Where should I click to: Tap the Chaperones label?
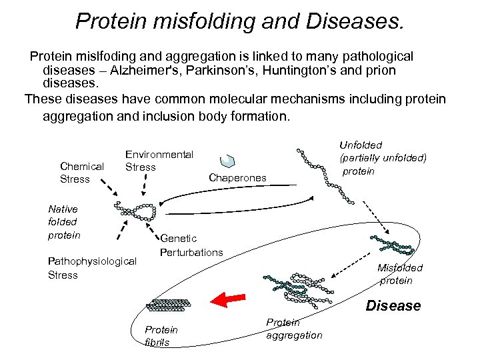coord(237,177)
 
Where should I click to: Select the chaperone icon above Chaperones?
coord(228,160)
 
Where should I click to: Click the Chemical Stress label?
coord(81,173)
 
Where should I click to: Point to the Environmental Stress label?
coord(159,161)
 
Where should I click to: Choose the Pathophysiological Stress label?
coord(92,268)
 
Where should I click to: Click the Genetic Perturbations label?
coord(191,245)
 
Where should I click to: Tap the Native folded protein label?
coord(64,222)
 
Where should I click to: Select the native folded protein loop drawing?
coord(137,211)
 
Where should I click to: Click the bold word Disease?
coord(393,306)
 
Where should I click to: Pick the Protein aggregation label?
coord(293,329)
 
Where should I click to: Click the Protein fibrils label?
coord(161,336)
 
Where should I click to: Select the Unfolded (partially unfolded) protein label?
coord(382,158)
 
